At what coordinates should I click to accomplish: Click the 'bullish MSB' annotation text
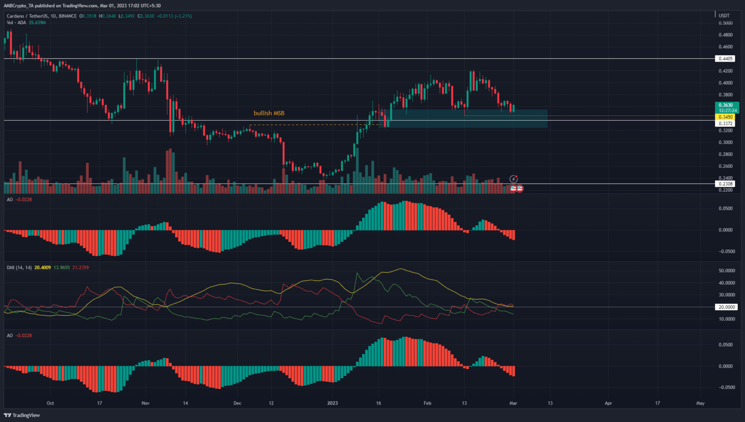(x=269, y=113)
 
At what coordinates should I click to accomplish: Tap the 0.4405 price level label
(x=726, y=59)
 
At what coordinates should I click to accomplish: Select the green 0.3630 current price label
(x=726, y=105)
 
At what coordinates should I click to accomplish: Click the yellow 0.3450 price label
(x=726, y=117)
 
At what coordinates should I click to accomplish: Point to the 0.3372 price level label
(x=726, y=124)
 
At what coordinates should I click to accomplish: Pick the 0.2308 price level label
(x=726, y=184)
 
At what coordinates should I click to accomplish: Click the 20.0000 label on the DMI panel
(x=726, y=307)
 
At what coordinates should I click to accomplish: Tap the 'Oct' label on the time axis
(x=50, y=403)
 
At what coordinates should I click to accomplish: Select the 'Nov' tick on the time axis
(x=146, y=403)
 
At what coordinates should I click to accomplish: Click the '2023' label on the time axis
(x=332, y=403)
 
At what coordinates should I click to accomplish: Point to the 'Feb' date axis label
(x=427, y=403)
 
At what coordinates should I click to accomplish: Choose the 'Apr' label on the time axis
(x=608, y=403)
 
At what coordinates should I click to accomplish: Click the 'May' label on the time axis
(x=700, y=403)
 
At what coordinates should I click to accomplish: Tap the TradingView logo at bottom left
(x=22, y=415)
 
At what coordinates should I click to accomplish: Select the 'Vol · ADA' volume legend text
(x=16, y=22)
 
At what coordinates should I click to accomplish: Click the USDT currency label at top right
(x=724, y=16)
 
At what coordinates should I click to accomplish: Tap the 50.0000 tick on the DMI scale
(x=726, y=271)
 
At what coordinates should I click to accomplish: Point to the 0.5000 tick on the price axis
(x=726, y=23)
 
